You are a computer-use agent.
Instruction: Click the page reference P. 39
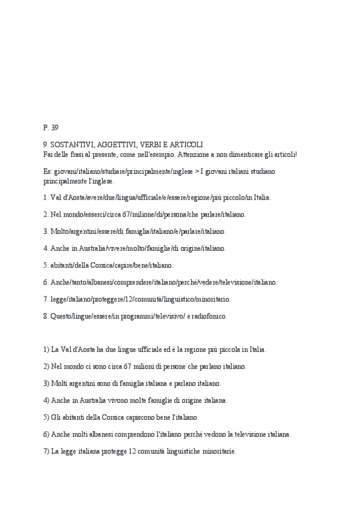[x=51, y=127]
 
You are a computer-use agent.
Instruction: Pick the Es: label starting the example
[x=47, y=171]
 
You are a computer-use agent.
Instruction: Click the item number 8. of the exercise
[x=46, y=315]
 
